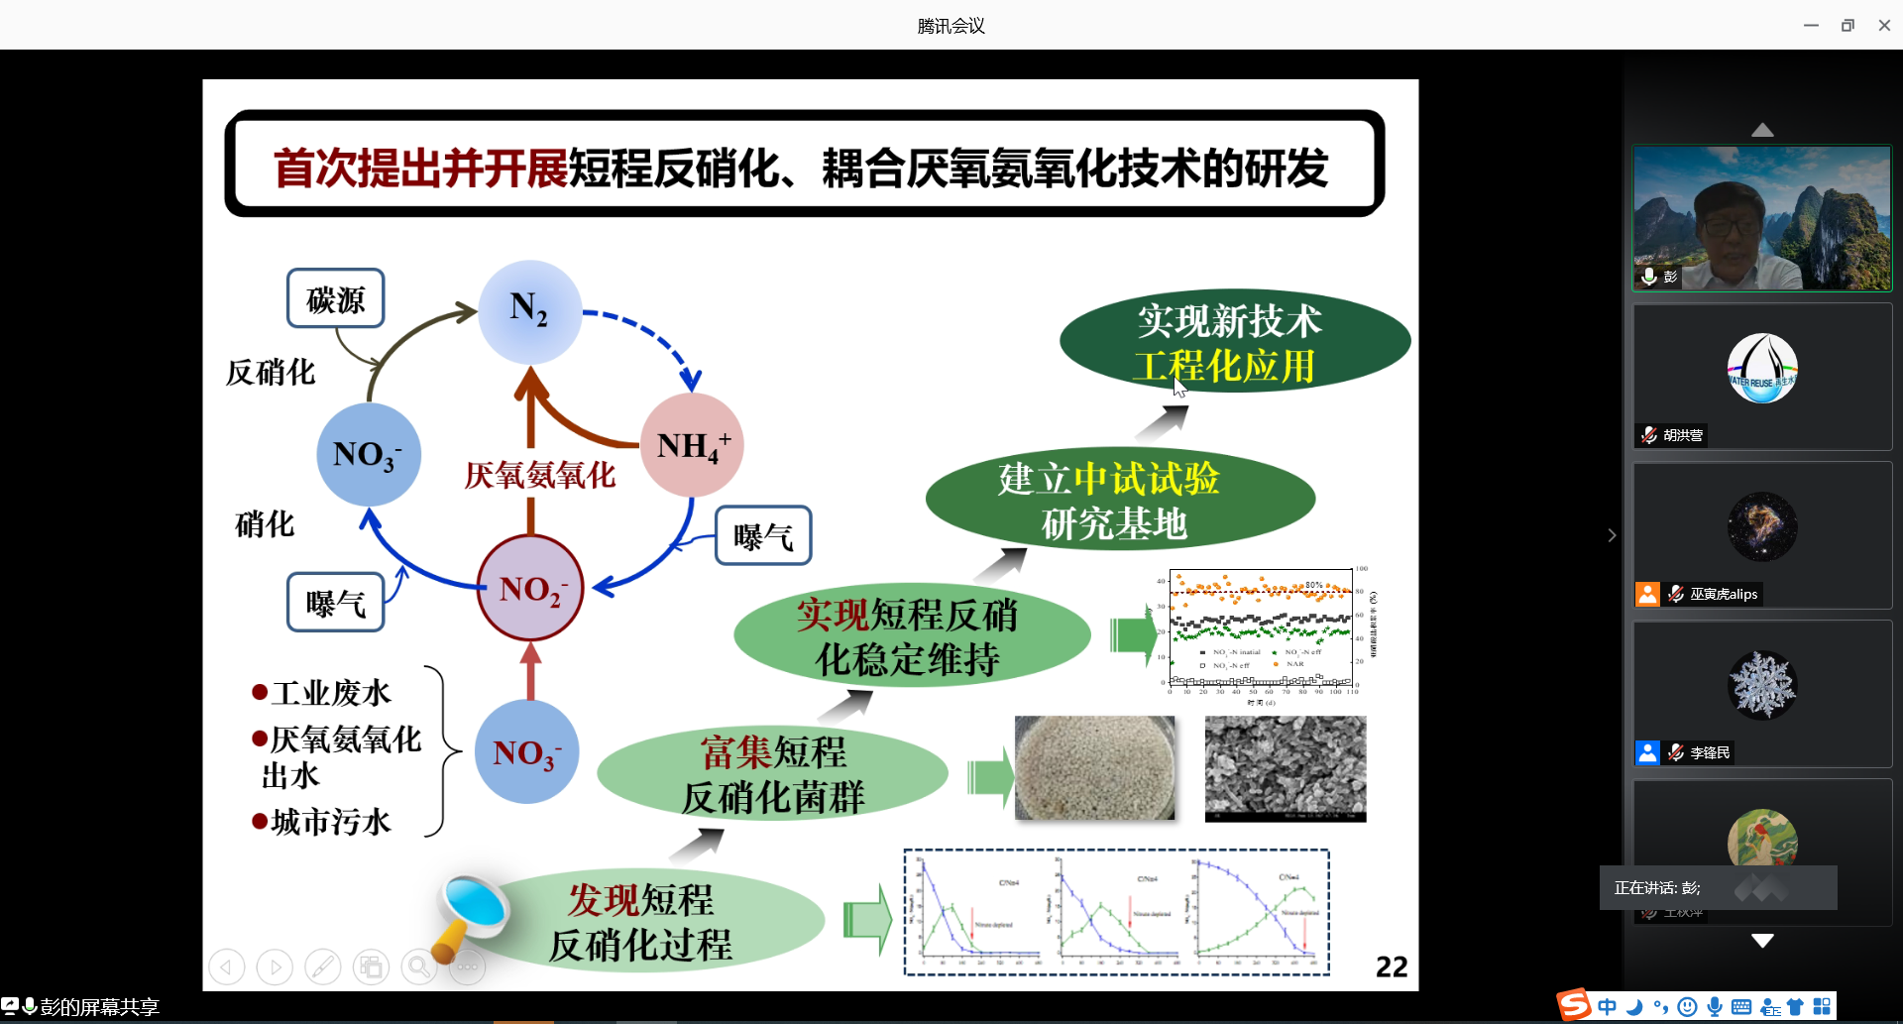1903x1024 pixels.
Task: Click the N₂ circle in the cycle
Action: tap(529, 311)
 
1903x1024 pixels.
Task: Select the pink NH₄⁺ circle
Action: tap(692, 445)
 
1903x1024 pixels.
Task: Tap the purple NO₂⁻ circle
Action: tap(530, 588)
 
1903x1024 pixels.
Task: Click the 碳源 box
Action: tap(335, 298)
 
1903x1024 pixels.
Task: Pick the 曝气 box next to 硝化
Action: tap(335, 602)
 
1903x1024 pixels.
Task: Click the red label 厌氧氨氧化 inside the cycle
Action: tap(540, 476)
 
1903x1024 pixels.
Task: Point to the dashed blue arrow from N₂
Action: tap(649, 338)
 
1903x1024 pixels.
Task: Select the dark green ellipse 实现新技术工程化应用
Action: tap(1234, 342)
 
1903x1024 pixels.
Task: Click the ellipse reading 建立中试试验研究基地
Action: tap(1119, 500)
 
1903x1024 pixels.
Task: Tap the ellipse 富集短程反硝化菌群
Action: tap(772, 774)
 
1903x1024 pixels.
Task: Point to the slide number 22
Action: tap(1391, 967)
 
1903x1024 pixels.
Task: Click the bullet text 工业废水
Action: tap(331, 693)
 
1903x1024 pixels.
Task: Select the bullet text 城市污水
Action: tap(331, 822)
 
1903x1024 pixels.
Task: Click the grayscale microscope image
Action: tap(1285, 768)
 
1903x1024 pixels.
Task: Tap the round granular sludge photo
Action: tap(1094, 768)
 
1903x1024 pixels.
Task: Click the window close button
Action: tap(1884, 26)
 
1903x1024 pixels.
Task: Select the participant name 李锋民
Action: tap(1710, 753)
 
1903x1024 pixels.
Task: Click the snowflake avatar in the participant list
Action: tap(1761, 685)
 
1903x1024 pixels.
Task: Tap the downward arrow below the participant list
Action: tap(1762, 941)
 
